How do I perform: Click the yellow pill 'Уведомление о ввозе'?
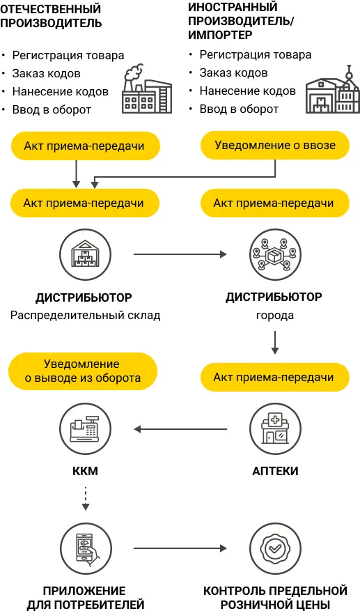point(274,146)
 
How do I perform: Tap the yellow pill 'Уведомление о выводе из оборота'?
point(83,371)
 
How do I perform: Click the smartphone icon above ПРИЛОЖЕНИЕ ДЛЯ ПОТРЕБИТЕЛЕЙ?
point(86,549)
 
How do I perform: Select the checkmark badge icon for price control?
point(274,549)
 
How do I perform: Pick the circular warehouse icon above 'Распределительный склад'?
point(86,255)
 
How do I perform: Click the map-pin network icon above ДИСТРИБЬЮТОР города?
point(274,255)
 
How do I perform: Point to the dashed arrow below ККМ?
point(86,499)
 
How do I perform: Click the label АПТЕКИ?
point(274,472)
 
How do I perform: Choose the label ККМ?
point(86,472)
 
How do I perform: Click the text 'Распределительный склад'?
point(86,315)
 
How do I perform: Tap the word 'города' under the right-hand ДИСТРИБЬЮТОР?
point(274,315)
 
